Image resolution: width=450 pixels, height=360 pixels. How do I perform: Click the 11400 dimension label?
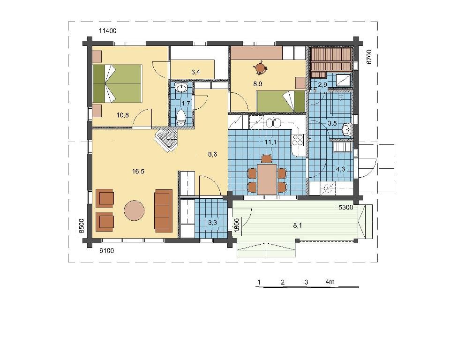tap(108, 31)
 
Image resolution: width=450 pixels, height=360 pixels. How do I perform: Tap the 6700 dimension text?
tap(369, 57)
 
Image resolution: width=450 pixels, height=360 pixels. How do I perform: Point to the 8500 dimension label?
tap(82, 226)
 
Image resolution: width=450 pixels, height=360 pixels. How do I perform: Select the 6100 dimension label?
tap(106, 251)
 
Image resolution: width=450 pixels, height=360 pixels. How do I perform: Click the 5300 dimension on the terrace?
tap(346, 208)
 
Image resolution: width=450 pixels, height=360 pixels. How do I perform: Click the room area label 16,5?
tap(138, 172)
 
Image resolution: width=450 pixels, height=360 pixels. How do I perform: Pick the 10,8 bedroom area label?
tap(122, 115)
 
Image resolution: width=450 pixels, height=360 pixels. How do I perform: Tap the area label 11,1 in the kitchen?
tap(270, 142)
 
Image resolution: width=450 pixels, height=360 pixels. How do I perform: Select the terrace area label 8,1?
tap(297, 225)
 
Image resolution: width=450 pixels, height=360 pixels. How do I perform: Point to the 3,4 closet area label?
tap(196, 72)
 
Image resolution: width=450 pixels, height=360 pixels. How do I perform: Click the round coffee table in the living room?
tap(134, 210)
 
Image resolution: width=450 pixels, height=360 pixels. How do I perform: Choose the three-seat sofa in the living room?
tap(163, 211)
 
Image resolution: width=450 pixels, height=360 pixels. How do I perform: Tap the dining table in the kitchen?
tap(267, 179)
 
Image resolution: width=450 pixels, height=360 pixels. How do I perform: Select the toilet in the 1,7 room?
tap(181, 118)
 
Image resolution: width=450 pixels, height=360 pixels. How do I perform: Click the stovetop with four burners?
tap(298, 140)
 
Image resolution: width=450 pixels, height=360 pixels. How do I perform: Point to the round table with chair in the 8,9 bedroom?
tap(261, 67)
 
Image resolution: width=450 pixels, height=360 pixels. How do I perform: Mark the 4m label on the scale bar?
tap(330, 282)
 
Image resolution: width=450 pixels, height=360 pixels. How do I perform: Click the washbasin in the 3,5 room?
tap(347, 129)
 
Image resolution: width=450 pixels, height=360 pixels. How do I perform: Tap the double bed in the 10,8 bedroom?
tap(117, 83)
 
